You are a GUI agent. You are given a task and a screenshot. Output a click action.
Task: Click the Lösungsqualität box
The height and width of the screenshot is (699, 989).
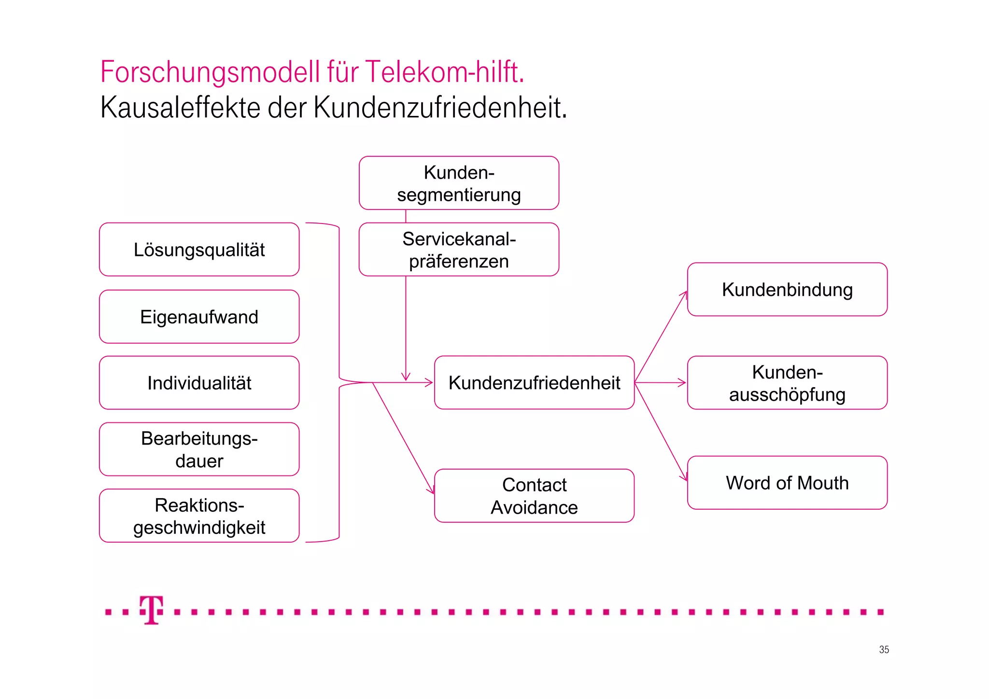199,250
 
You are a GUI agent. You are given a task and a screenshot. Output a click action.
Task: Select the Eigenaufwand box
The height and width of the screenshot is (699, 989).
199,317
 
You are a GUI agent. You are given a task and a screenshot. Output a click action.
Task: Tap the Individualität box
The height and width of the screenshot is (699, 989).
199,383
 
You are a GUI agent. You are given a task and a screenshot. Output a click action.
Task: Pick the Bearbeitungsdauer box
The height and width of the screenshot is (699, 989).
199,449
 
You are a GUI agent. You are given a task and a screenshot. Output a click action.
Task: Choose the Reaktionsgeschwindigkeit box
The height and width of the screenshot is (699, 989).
199,516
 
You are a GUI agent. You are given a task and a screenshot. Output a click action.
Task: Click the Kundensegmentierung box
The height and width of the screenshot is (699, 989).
459,183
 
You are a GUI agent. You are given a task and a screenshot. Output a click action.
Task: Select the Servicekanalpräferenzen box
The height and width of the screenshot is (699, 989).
459,250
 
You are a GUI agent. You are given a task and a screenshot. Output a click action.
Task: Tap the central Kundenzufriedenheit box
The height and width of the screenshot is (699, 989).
534,383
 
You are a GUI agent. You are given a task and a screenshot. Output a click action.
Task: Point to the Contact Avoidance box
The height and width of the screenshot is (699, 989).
534,496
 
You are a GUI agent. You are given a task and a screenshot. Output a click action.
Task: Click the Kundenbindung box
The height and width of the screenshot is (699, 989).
787,290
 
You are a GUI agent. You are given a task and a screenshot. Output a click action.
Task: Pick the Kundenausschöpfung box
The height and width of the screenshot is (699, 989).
787,383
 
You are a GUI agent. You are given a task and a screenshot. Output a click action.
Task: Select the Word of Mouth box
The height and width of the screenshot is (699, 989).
787,483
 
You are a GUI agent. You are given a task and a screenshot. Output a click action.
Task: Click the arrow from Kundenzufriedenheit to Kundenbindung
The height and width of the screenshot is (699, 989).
661,337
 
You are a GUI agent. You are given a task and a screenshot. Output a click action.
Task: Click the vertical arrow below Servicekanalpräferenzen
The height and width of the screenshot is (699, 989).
406,328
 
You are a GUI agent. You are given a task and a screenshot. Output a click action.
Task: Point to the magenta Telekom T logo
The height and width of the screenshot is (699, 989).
152,610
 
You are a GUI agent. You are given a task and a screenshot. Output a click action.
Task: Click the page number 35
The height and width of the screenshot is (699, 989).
884,650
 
